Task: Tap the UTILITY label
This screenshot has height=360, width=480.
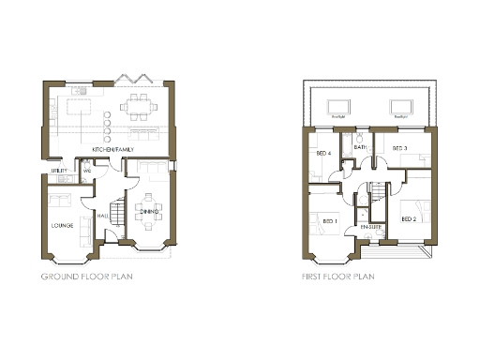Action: (x=58, y=172)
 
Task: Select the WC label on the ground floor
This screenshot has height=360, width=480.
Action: (x=86, y=171)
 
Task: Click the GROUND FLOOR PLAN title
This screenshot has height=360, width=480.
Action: (x=86, y=277)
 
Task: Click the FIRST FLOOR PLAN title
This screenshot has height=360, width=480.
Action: (x=338, y=277)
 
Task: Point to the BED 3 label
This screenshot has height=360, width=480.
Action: (x=399, y=148)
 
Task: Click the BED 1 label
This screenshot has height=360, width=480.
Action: (x=329, y=220)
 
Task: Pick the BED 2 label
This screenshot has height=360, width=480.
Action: (x=408, y=219)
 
